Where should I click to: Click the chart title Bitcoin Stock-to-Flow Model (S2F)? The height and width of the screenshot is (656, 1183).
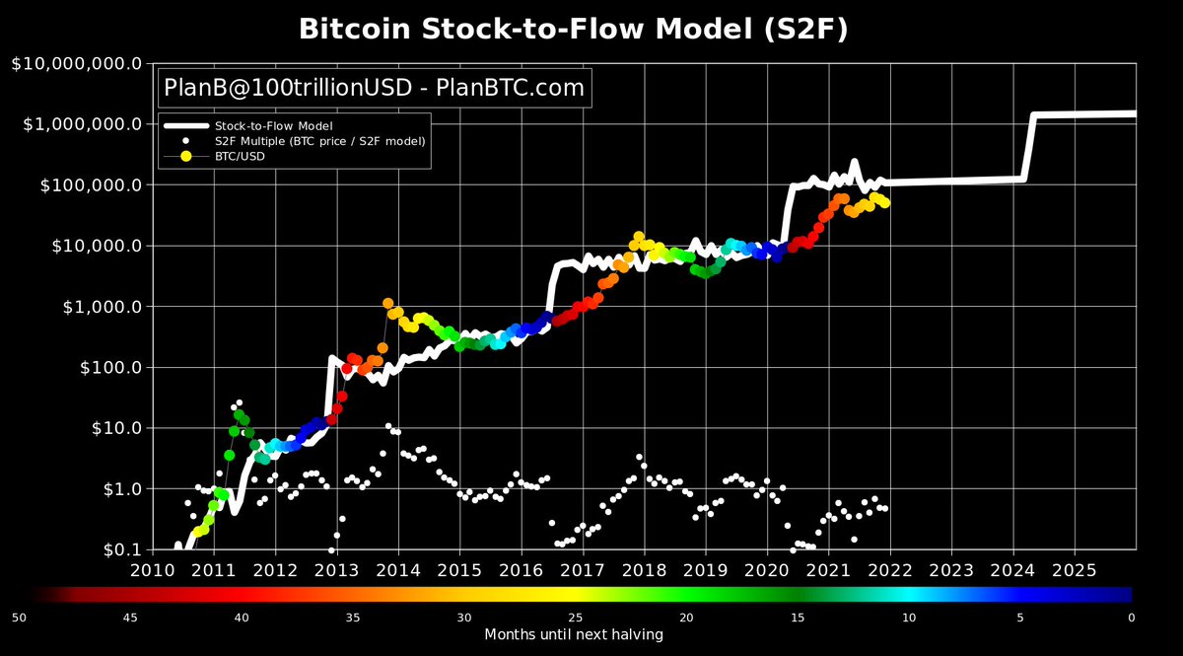point(573,30)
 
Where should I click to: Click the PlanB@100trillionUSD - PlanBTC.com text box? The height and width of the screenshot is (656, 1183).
point(374,88)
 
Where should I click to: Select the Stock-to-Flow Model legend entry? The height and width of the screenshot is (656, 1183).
point(273,126)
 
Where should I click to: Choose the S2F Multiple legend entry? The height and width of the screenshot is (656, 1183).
point(319,141)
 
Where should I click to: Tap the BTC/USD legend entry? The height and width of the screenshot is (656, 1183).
point(240,156)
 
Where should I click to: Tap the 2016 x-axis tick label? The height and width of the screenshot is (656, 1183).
point(521,570)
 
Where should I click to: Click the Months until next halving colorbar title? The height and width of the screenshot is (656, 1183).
point(573,634)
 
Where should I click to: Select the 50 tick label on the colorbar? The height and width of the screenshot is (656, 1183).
point(19,618)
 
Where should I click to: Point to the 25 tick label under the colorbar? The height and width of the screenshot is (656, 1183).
point(576,618)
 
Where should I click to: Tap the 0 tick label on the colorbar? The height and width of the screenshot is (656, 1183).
point(1131,618)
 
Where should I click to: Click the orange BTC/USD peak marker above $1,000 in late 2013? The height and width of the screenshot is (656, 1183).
point(387,304)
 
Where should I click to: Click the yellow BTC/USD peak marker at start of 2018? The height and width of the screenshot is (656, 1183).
point(639,237)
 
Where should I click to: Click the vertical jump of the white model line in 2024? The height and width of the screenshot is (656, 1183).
point(1030,148)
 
